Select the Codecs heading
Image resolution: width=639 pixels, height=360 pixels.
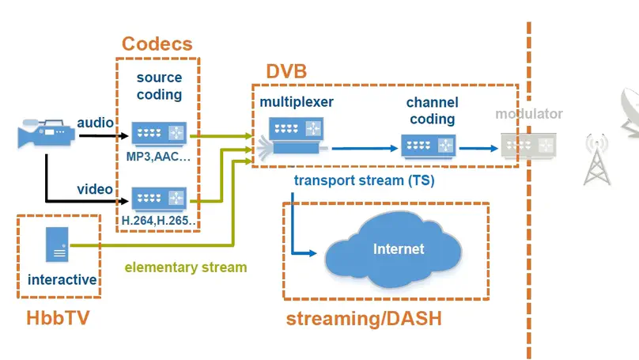(157, 44)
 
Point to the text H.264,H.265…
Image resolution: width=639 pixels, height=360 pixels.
(159, 221)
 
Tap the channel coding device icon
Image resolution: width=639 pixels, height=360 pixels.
(428, 146)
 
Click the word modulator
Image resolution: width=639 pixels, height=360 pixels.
(529, 114)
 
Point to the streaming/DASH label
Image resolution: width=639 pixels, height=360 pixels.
(363, 320)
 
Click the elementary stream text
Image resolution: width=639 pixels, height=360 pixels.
(186, 267)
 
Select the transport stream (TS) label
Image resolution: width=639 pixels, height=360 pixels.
(364, 180)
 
